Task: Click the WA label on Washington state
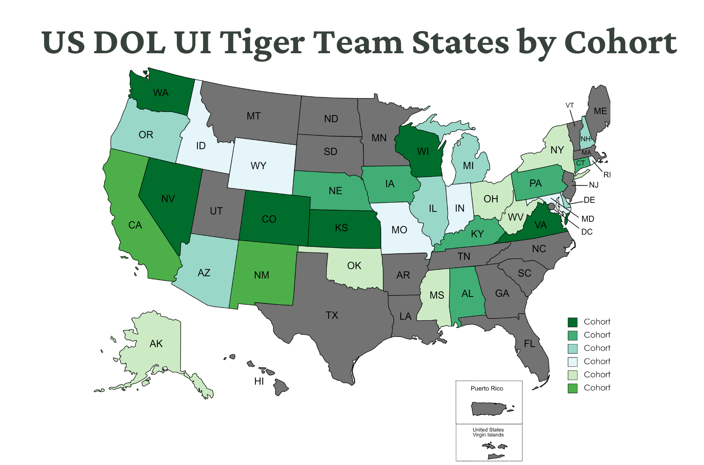(161, 93)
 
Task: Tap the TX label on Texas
(332, 315)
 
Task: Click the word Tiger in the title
(262, 43)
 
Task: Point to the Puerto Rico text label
(487, 388)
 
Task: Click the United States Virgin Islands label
(488, 432)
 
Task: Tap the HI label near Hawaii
(259, 381)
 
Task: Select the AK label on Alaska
(156, 344)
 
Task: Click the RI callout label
(607, 175)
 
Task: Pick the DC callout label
(587, 232)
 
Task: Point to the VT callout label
(570, 105)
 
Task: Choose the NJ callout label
(594, 185)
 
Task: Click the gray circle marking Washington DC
(551, 206)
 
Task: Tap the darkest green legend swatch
(572, 322)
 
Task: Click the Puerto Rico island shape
(488, 409)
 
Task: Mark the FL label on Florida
(529, 344)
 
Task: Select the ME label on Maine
(600, 111)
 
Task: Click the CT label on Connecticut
(581, 163)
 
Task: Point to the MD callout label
(588, 219)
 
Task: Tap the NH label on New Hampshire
(585, 139)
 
